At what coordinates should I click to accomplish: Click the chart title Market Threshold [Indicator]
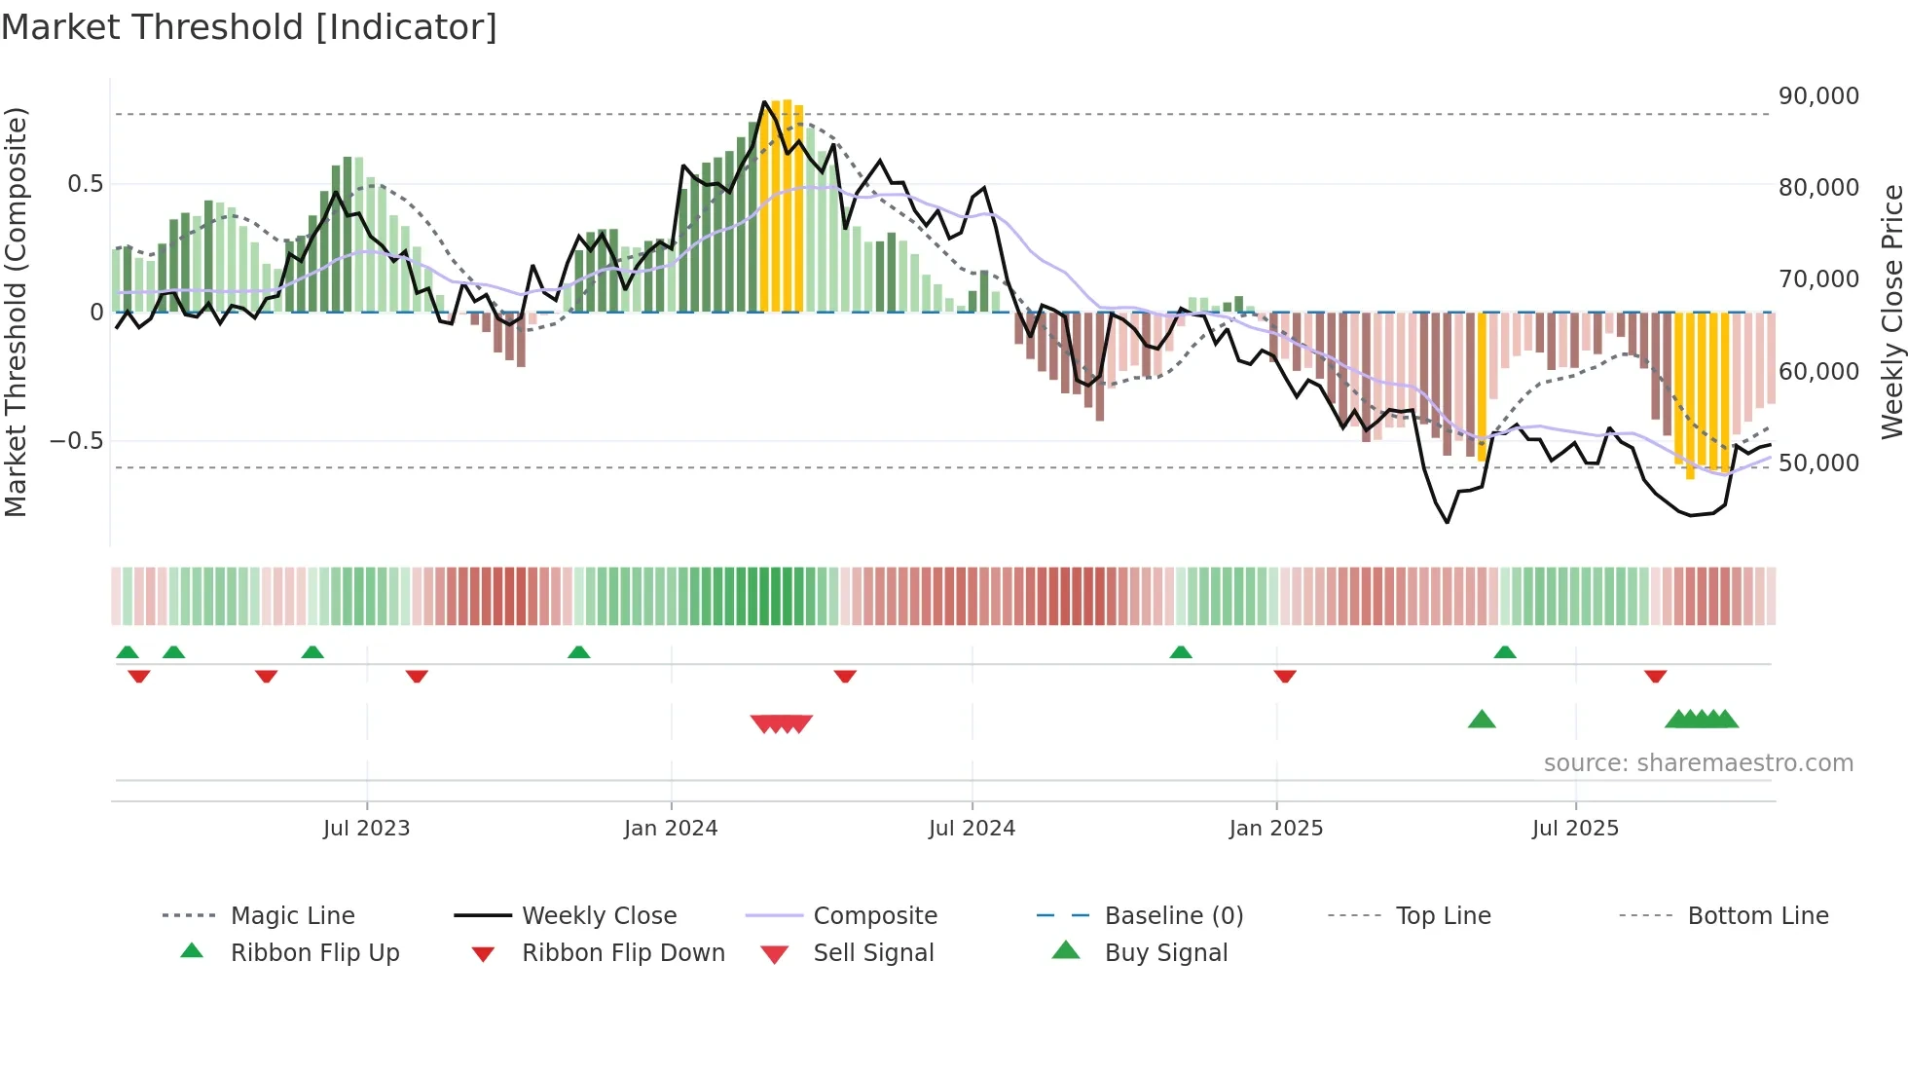coord(249,27)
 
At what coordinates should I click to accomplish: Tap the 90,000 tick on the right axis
coord(1818,96)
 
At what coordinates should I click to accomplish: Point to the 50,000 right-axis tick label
coord(1818,463)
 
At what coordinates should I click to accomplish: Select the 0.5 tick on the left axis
coord(86,184)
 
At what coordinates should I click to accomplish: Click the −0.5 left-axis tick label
coord(77,441)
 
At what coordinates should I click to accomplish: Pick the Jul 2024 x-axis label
coord(972,829)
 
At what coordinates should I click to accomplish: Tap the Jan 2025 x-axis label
coord(1275,829)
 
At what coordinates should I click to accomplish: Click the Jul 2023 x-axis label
coord(366,829)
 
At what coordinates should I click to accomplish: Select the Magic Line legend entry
coord(292,916)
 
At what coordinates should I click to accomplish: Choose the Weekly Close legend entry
coord(599,916)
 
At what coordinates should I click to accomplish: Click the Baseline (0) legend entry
coord(1173,916)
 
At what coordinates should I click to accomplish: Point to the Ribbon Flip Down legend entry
coord(623,953)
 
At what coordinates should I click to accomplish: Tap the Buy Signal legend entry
coord(1165,953)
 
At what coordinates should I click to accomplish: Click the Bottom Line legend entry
coord(1757,916)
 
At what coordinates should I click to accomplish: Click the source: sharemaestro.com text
coord(1698,763)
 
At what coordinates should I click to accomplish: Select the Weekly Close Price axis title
coord(1891,312)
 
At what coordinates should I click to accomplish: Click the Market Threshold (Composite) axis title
coord(16,312)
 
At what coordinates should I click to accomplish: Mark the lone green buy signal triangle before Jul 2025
coord(1481,720)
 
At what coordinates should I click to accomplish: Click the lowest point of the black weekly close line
coord(1448,523)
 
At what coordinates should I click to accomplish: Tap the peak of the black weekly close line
coord(765,101)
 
